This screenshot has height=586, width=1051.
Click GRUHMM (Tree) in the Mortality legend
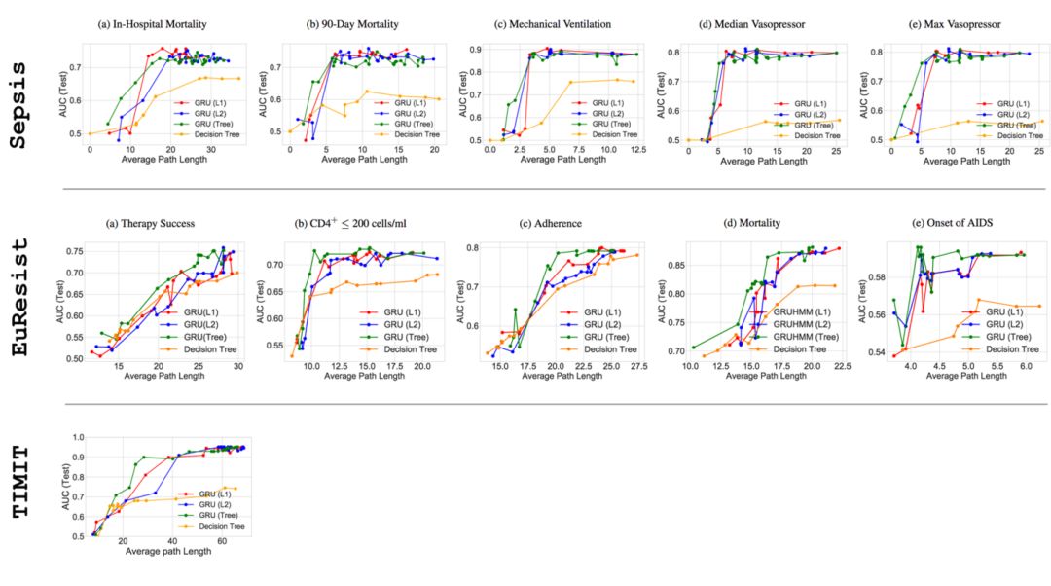(x=801, y=336)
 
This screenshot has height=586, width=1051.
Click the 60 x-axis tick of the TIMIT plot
(x=222, y=541)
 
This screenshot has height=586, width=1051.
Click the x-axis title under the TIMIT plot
(x=170, y=552)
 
